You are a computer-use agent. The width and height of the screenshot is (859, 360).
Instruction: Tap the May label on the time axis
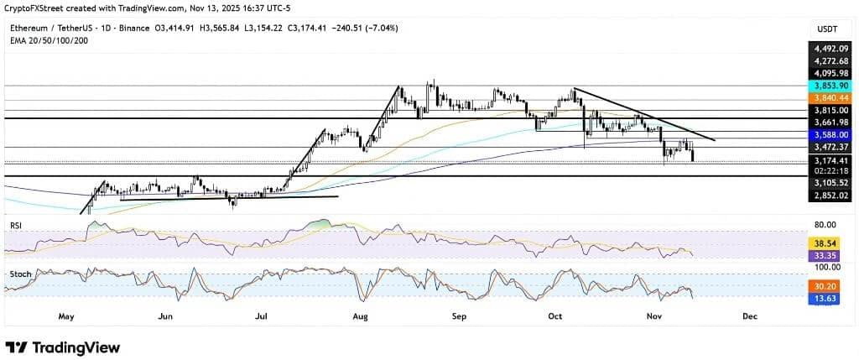[67, 316]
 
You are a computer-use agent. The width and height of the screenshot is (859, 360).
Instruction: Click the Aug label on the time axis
[362, 316]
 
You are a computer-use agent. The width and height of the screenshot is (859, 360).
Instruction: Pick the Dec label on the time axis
[750, 316]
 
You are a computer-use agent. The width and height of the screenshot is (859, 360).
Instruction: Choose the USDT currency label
[828, 29]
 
